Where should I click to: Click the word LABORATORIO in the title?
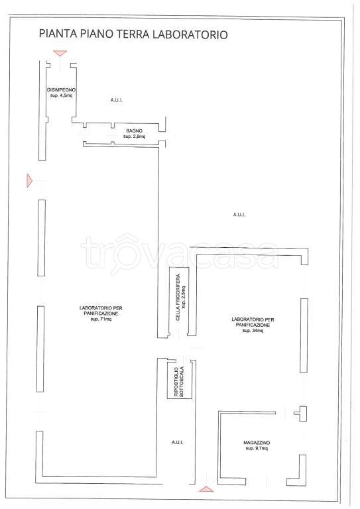[190, 34]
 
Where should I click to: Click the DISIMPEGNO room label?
[62, 89]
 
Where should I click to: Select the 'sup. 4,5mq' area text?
[62, 95]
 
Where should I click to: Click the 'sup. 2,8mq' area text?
[134, 137]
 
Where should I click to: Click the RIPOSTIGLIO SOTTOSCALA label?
[179, 382]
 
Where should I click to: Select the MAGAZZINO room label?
[257, 443]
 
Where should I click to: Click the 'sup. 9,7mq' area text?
[257, 448]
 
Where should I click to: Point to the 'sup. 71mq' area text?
[101, 319]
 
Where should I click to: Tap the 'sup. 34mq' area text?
[253, 331]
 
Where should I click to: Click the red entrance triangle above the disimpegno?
[60, 53]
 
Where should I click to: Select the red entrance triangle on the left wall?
[29, 180]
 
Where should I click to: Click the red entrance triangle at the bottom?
[206, 489]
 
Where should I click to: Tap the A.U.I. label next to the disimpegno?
[117, 100]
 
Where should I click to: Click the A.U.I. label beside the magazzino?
[178, 442]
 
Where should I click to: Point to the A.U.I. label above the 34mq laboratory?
[239, 215]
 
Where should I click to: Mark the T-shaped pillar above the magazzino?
[302, 414]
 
